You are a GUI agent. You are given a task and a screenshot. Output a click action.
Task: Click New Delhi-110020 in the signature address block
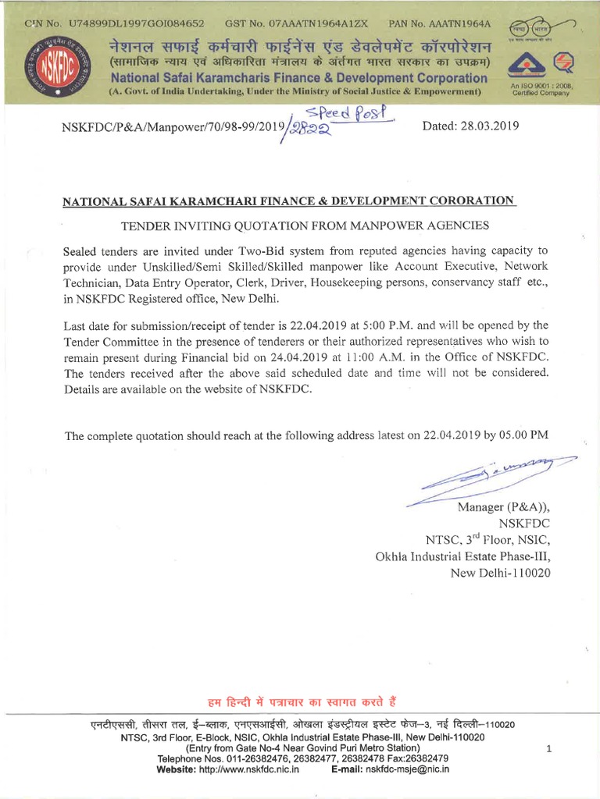501,574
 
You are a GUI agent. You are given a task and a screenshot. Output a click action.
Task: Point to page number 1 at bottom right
549,749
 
